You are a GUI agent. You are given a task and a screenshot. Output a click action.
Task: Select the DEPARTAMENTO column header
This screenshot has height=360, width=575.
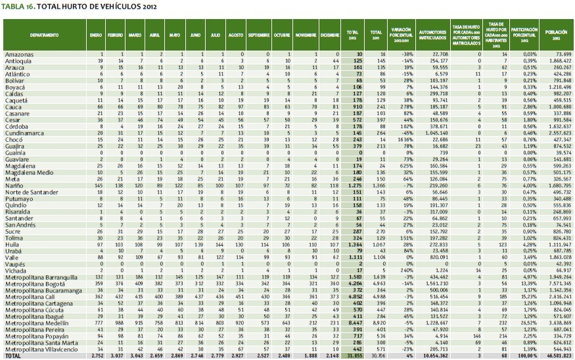pyautogui.click(x=44, y=35)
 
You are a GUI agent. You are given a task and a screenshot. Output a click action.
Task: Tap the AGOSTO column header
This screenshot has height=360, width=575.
pyautogui.click(x=235, y=35)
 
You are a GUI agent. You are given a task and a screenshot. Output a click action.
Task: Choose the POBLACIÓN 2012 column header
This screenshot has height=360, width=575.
pyautogui.click(x=555, y=35)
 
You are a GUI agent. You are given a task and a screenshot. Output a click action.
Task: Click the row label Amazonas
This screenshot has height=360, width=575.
pyautogui.click(x=18, y=53)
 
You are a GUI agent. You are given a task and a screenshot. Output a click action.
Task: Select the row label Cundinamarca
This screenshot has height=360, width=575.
pyautogui.click(x=24, y=133)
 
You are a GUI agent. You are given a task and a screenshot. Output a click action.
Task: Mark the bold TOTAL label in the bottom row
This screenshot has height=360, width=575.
pyautogui.click(x=12, y=355)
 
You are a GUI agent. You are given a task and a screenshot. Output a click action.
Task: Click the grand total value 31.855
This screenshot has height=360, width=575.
pyautogui.click(x=354, y=355)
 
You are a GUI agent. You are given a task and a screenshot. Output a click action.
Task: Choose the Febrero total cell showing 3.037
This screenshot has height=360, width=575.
pyautogui.click(x=115, y=355)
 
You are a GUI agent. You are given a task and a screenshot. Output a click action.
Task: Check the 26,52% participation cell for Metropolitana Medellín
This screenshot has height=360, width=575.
pyautogui.click(x=528, y=324)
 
